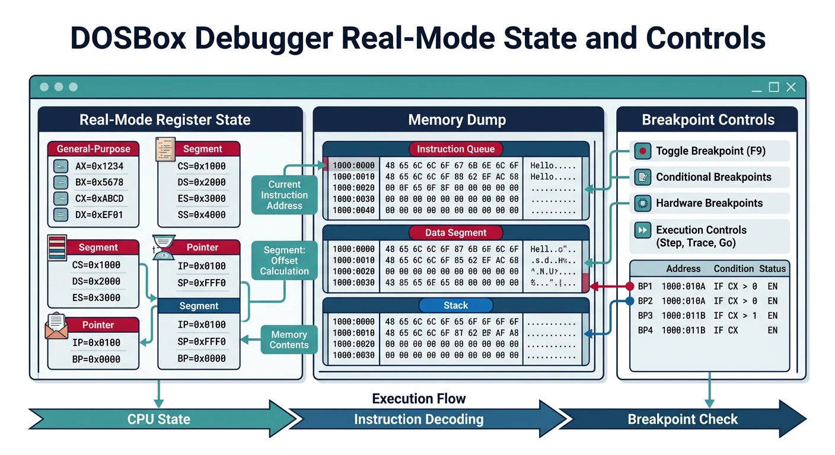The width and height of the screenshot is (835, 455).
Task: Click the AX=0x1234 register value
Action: (x=99, y=166)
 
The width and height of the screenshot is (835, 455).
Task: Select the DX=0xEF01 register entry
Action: (x=99, y=215)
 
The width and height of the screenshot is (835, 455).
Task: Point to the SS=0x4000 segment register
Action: (x=202, y=215)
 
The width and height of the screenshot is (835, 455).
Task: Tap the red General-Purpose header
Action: (x=93, y=149)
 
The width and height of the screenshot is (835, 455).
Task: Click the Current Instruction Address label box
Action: (x=285, y=195)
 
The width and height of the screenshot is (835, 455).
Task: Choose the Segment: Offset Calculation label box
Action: (x=285, y=261)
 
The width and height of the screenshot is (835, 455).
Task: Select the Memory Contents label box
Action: (x=289, y=340)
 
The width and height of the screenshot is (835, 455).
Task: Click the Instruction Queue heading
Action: (x=455, y=149)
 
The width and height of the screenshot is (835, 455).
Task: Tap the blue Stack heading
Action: (x=455, y=306)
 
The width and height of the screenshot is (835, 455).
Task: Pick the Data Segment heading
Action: (x=455, y=233)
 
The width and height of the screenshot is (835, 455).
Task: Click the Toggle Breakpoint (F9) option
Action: (x=710, y=151)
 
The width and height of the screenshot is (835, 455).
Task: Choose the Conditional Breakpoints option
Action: (x=713, y=177)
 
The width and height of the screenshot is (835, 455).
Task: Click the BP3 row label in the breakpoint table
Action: (x=645, y=316)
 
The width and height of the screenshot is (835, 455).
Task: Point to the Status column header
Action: (x=772, y=268)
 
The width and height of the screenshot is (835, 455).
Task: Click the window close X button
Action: (x=791, y=87)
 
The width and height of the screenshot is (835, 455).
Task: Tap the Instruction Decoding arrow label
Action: (x=419, y=419)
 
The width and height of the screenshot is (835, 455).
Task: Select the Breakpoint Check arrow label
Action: (x=683, y=419)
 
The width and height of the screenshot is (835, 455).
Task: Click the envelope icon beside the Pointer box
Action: (x=56, y=326)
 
